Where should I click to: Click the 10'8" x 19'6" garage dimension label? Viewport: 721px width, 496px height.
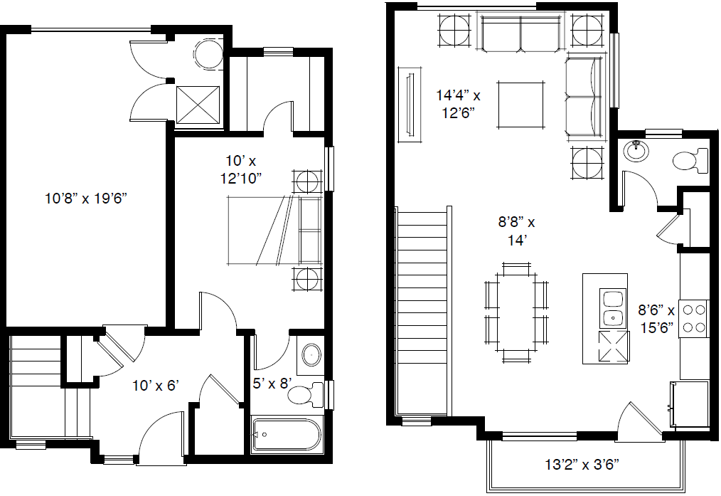tap(86, 199)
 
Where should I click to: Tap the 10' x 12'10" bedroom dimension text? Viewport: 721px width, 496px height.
tap(241, 169)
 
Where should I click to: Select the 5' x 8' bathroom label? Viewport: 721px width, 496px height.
tap(272, 383)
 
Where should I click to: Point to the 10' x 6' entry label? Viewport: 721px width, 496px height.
tap(156, 385)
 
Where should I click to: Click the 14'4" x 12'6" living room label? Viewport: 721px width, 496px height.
tap(458, 104)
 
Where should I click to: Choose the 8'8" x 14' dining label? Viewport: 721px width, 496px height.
tap(516, 231)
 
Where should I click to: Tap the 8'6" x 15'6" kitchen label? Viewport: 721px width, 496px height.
tap(656, 319)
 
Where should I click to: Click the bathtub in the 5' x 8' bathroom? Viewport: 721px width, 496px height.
tap(287, 434)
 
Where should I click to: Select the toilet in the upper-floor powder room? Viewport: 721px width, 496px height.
tap(690, 161)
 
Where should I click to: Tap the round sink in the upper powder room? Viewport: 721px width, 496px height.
tap(637, 150)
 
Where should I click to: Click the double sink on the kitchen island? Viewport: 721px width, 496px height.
tap(612, 308)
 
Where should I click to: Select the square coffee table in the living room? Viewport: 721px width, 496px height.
tap(520, 105)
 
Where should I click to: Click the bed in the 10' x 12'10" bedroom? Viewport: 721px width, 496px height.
tap(275, 231)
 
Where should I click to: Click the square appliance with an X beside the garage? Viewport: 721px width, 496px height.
tap(198, 105)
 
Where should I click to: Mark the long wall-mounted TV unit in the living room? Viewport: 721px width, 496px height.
tap(410, 105)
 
